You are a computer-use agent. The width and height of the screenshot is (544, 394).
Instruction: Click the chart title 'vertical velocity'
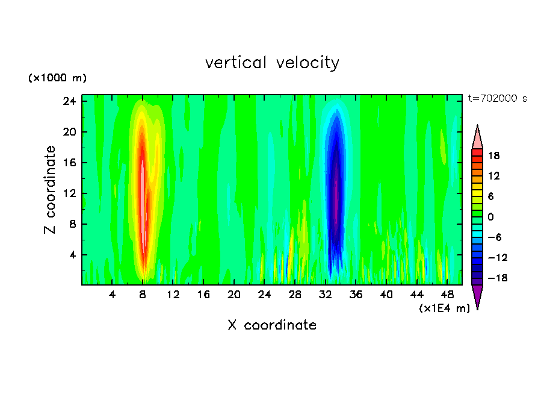(272, 63)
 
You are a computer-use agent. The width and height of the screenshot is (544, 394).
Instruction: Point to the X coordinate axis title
(272, 325)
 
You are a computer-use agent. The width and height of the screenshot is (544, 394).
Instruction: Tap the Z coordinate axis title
(51, 190)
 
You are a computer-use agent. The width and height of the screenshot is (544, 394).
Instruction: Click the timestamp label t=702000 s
(497, 99)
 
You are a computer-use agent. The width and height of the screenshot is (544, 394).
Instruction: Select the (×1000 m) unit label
(57, 78)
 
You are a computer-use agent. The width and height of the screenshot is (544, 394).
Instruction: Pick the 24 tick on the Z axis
(70, 101)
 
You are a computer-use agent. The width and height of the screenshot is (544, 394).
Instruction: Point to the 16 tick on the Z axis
(70, 163)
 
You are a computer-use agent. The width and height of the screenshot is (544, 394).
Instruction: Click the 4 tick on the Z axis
(72, 255)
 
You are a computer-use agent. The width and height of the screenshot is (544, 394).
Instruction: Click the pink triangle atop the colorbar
(477, 137)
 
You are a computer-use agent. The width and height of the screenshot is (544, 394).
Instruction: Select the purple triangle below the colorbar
(477, 296)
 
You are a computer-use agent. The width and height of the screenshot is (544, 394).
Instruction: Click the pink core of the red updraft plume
(143, 181)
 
